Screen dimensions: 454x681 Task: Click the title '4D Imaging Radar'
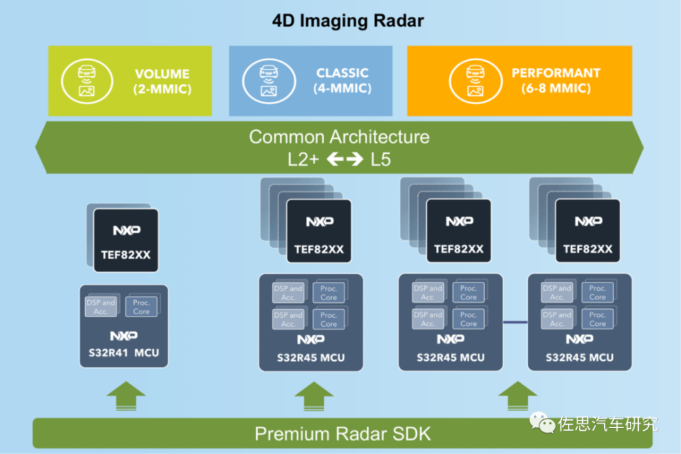tap(348, 20)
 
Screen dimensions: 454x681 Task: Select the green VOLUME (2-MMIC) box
tap(129, 81)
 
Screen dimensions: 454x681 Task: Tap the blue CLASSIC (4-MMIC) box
tap(311, 81)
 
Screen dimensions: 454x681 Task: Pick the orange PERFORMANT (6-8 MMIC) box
tap(519, 81)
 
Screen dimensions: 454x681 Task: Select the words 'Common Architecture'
tap(339, 137)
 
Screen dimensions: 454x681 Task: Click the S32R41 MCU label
tap(123, 353)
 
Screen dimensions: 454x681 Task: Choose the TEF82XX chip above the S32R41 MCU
tap(126, 240)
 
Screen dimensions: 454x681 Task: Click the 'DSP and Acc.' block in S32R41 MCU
tap(101, 306)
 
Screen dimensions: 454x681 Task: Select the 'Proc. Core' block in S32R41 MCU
tap(142, 306)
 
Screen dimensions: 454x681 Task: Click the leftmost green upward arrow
tap(126, 396)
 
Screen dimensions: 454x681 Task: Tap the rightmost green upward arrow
tap(518, 396)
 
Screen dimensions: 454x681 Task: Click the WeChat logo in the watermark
tap(545, 425)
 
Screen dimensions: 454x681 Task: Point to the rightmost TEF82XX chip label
tap(588, 249)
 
